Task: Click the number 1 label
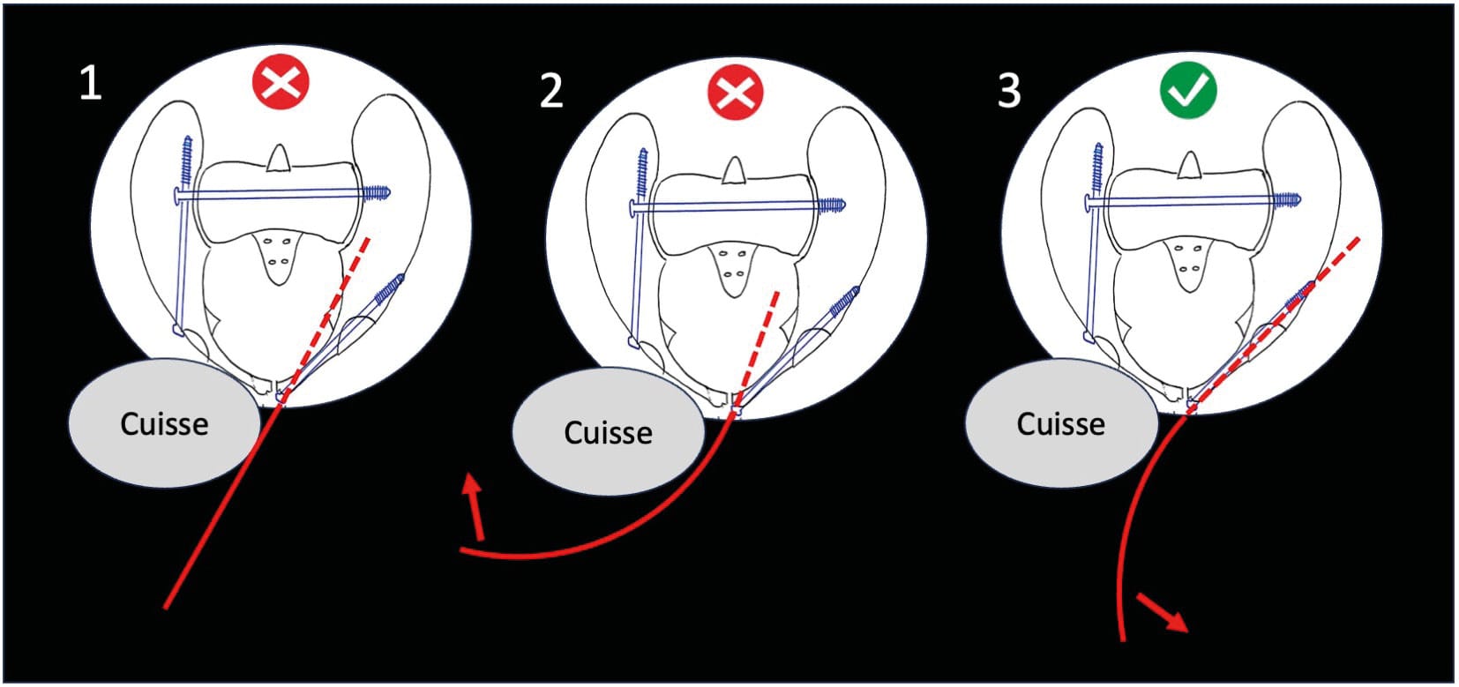coord(90,84)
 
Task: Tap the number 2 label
coord(551,91)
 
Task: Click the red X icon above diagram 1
coord(281,84)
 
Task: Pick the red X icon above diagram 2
coord(735,92)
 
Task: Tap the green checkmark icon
coord(1187,90)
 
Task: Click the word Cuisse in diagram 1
coord(164,424)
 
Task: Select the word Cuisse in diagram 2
coord(608,433)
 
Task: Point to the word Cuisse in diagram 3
coord(1060,424)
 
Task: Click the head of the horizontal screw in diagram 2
coord(634,209)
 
